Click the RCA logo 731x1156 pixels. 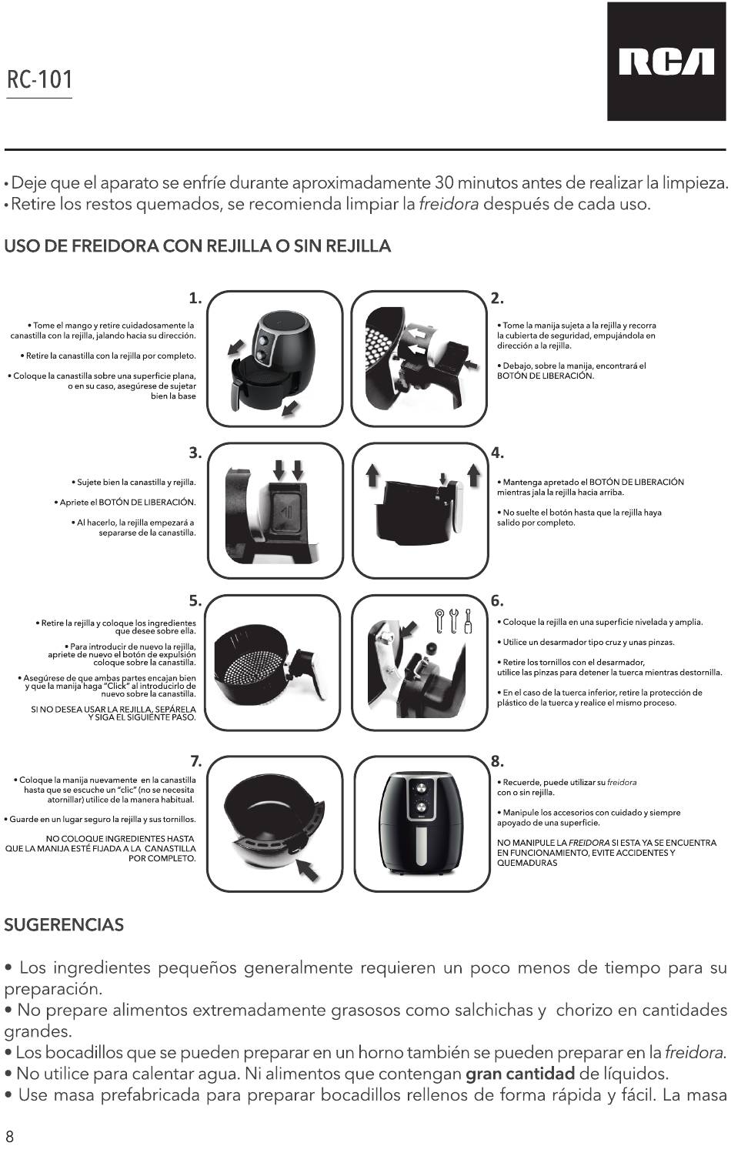[666, 62]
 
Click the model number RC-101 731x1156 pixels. [39, 79]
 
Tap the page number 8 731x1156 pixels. [9, 1136]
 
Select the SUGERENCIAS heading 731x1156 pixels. [64, 924]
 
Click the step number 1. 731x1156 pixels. [195, 299]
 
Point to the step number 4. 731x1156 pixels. [497, 453]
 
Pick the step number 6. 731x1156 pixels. [497, 601]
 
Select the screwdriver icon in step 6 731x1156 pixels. [469, 621]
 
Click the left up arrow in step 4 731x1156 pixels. [372, 475]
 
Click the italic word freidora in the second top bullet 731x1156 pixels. [449, 205]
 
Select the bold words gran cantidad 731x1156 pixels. [520, 1074]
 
